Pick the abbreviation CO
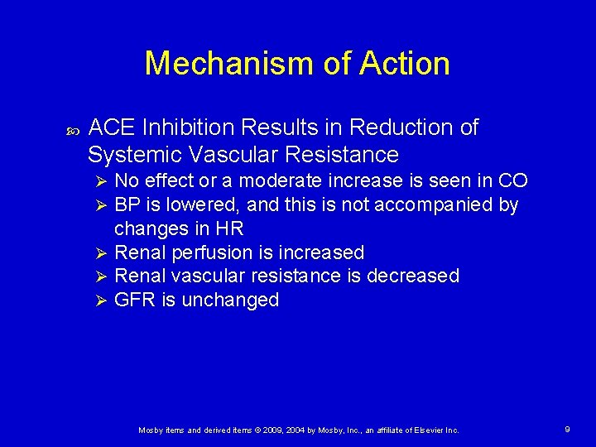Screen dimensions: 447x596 pos(512,181)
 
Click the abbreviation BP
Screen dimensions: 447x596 pos(127,204)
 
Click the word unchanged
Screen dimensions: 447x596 pos(229,300)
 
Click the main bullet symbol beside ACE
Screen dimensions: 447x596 pos(70,130)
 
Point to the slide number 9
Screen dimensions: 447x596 pos(567,430)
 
